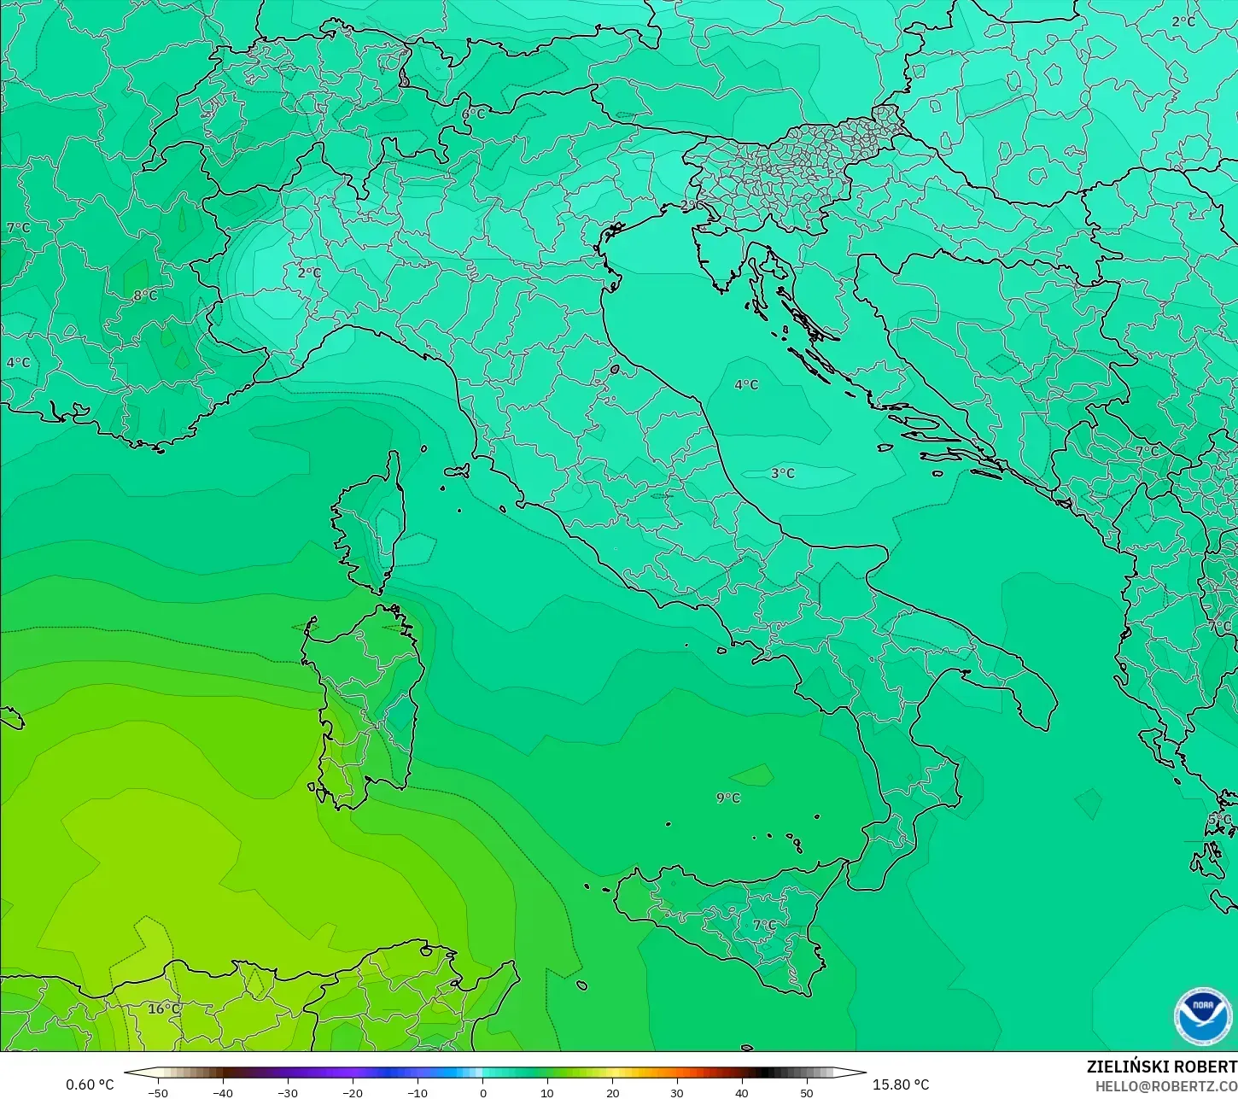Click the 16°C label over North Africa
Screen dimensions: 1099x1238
coord(164,1008)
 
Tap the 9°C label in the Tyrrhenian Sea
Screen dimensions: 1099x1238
coord(728,798)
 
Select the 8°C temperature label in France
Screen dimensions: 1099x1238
coord(145,295)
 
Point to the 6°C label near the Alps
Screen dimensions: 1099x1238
coord(473,114)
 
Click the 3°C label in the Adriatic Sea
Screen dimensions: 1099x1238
coord(782,473)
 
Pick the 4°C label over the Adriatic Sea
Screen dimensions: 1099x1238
coord(746,384)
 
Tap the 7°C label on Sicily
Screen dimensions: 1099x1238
coord(764,925)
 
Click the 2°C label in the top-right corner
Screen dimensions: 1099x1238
coord(1183,21)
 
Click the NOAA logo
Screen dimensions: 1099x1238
coord(1202,1016)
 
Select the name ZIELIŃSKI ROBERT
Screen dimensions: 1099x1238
coord(1161,1067)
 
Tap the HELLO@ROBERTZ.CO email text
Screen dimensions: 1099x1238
coord(1166,1085)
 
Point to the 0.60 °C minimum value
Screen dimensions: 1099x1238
coord(90,1084)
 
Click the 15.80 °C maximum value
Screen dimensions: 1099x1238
coord(901,1084)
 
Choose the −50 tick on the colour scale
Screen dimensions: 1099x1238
coord(158,1092)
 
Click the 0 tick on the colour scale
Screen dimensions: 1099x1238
coord(482,1092)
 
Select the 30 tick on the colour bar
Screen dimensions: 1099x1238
coord(677,1092)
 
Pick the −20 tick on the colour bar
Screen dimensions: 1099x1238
coord(353,1092)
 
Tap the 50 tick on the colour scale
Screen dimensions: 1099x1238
coord(807,1092)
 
